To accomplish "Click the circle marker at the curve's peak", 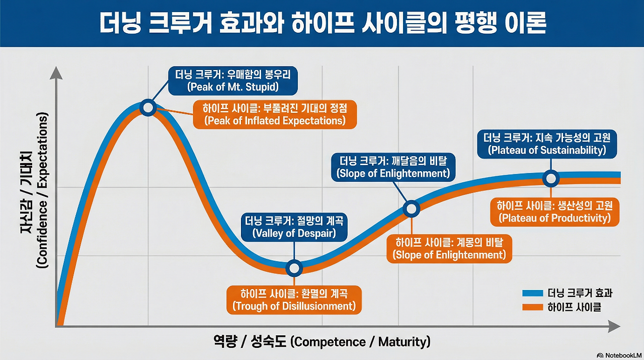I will tap(148, 107).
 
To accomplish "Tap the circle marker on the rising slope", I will tap(412, 208).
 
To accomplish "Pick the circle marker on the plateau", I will tap(551, 178).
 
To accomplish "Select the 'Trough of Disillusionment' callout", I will tap(294, 300).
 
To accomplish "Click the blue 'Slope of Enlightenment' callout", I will tap(392, 167).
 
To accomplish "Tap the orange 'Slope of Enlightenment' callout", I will tap(449, 248).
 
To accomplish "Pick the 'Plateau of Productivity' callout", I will tap(554, 212).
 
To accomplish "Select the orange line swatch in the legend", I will tap(533, 307).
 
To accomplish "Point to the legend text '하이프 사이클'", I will tap(574, 307).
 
